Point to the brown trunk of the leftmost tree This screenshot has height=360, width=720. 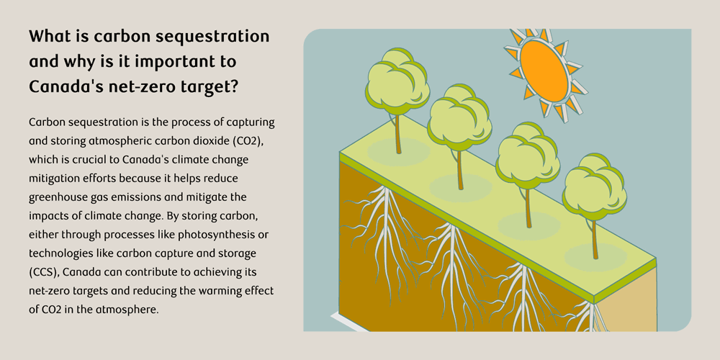[x=398, y=133]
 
